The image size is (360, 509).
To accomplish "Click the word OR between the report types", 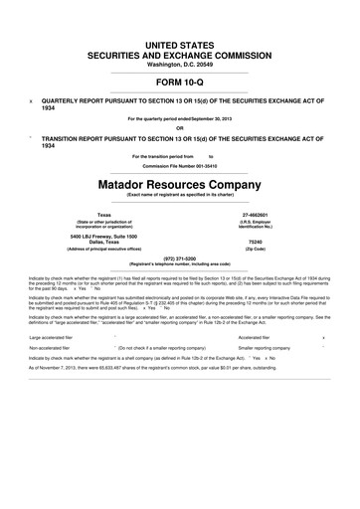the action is tap(180, 127).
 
